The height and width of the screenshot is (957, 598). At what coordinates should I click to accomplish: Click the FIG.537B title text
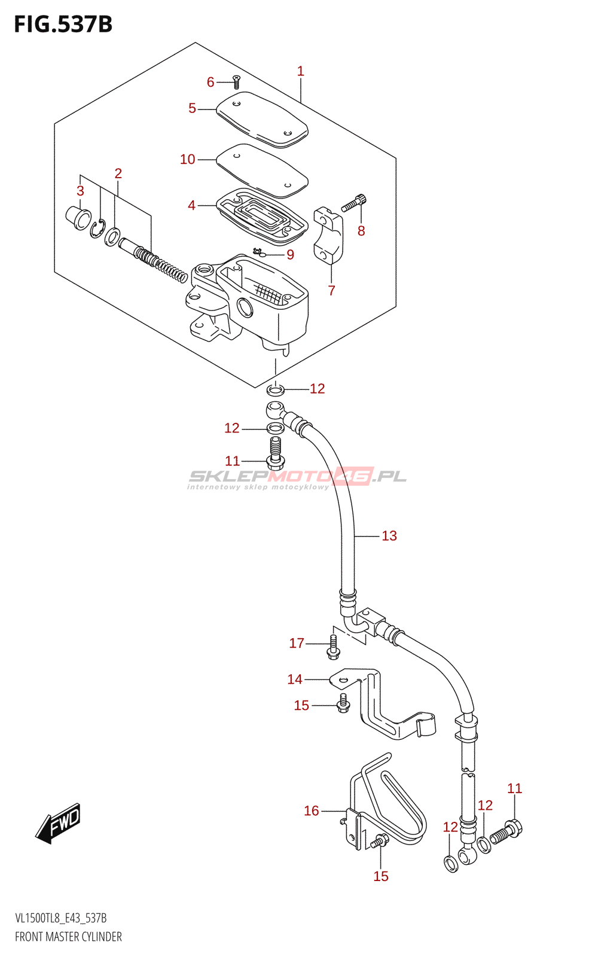63,25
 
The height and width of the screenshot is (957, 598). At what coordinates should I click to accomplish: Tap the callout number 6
210,82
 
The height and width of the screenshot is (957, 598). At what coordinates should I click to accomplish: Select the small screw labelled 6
236,82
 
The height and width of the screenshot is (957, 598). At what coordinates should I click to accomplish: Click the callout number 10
188,159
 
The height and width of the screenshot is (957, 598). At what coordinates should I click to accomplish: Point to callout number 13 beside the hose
389,536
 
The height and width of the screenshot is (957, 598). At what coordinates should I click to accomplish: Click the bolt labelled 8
354,203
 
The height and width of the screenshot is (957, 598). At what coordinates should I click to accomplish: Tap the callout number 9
290,255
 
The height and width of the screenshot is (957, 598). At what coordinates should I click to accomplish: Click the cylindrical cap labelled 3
78,217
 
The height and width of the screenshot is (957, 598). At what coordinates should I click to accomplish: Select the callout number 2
118,173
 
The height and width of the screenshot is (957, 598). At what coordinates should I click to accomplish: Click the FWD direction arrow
58,823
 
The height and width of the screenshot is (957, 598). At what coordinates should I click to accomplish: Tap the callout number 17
297,643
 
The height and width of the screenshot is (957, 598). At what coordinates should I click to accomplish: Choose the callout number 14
295,679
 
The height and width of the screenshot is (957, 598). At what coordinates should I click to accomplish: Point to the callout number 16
312,811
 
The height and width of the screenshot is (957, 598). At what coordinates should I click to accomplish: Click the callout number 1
301,71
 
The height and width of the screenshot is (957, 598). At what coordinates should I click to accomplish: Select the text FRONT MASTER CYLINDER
68,937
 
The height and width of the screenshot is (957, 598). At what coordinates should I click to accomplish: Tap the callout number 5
192,108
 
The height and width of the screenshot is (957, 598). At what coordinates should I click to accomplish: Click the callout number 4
191,206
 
